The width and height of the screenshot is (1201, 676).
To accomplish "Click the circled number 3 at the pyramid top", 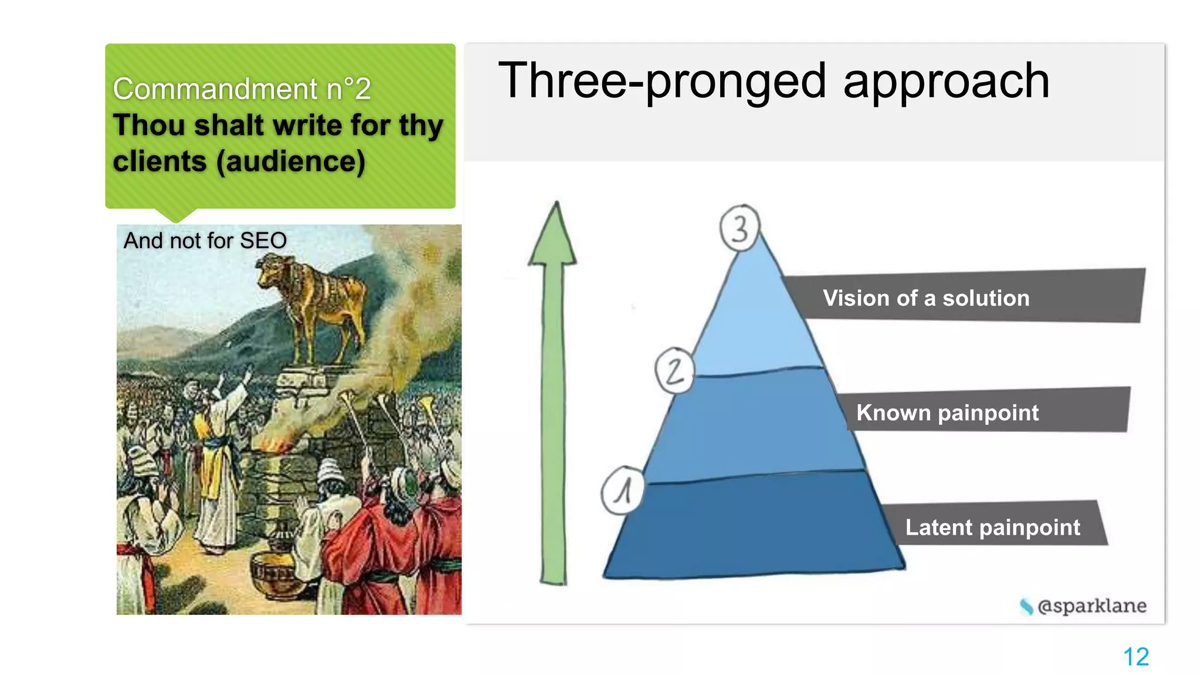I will tap(739, 228).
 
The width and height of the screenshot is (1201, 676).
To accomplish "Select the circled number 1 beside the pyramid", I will tap(623, 491).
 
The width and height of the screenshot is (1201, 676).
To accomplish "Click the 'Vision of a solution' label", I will tap(926, 298).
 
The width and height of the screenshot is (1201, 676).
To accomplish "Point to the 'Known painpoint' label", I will tap(947, 413).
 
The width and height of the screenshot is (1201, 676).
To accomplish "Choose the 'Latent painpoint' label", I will tap(992, 527).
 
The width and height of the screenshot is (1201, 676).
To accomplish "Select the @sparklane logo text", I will tap(1091, 606).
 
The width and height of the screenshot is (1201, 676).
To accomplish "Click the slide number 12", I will tap(1135, 657).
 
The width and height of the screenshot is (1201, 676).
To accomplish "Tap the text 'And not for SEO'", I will tap(205, 241).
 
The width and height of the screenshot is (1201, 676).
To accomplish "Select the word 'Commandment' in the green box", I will tap(215, 89).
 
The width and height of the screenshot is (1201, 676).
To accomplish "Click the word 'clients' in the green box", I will tap(160, 161).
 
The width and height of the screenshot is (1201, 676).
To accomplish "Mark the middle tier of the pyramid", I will tap(756, 422).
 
